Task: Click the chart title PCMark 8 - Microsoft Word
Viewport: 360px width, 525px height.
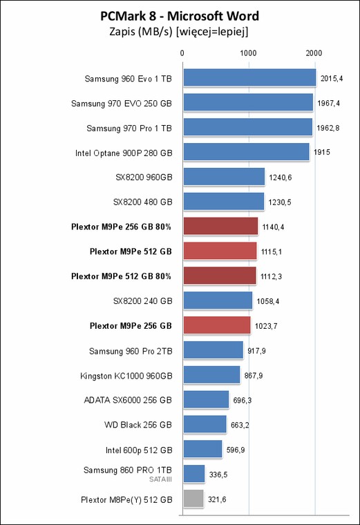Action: coord(180,16)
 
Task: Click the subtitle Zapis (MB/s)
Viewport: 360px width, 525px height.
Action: coord(141,32)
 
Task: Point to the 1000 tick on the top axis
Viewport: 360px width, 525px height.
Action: coord(248,53)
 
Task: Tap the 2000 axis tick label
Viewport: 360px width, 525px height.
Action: coord(314,53)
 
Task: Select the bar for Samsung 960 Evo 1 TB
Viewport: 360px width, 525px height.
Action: coord(250,77)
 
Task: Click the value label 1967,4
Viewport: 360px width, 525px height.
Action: coord(328,103)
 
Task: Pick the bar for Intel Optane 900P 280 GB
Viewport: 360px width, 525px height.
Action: coord(247,152)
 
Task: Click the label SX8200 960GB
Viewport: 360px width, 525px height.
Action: coord(144,177)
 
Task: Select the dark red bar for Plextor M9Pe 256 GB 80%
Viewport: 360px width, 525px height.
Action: coord(220,227)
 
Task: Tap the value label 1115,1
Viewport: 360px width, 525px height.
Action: coord(272,251)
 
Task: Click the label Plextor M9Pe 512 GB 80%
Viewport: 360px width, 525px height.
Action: coord(121,276)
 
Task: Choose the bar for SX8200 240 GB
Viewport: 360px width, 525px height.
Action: coord(218,300)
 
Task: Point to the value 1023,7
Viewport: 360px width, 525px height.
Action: coord(266,326)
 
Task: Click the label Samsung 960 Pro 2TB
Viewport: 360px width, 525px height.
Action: coord(131,351)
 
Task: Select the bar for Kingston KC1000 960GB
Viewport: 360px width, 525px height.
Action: coord(211,374)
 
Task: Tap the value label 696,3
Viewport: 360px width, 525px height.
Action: coord(243,400)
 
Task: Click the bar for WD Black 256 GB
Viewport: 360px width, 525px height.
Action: coord(205,424)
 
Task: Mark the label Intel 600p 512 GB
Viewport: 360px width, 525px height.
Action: coord(139,450)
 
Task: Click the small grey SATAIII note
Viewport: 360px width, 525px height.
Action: coord(160,479)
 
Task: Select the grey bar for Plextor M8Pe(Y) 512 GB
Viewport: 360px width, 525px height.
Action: coord(193,499)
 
